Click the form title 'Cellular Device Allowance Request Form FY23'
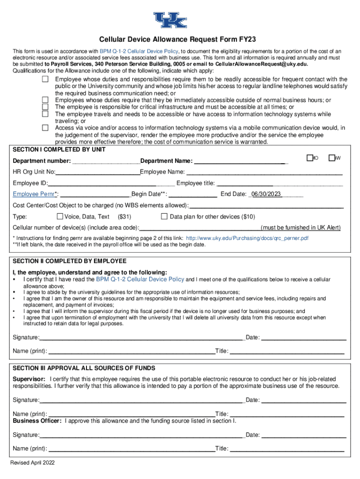180,40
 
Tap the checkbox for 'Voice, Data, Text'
59,217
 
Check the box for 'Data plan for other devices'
164,217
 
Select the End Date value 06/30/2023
266,194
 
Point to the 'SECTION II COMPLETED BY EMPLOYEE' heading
69,261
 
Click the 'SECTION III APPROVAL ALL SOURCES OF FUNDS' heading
84,368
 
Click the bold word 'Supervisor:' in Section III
29,378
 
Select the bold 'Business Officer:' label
37,421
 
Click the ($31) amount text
124,217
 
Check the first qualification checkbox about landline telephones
45,79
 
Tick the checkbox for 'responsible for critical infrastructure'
45,107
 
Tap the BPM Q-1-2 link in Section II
140,279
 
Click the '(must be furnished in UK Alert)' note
301,228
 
